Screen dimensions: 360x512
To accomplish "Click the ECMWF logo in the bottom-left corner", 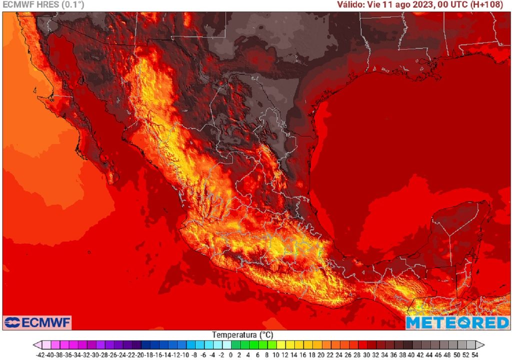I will click(37, 322).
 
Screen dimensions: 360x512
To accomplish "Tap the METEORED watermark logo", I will click(457, 322).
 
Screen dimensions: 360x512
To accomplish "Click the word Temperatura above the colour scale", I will click(233, 334).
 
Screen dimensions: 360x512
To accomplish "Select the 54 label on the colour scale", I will click(474, 354).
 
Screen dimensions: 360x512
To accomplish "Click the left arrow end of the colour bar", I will click(36, 344).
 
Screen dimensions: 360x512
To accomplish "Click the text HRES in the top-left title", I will click(47, 4).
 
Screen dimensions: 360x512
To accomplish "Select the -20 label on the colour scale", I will click(141, 354).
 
